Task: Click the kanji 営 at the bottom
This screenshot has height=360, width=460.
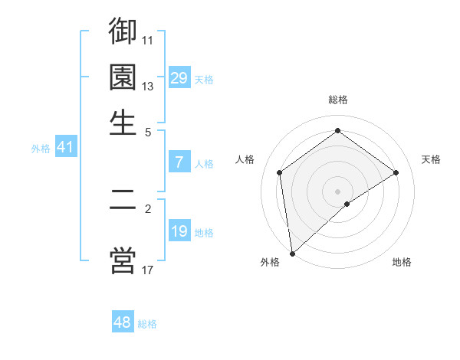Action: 123,260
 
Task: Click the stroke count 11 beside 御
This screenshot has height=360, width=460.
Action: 148,40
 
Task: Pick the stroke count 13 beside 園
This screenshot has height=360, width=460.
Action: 148,86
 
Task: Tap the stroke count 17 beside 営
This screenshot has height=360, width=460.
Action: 148,270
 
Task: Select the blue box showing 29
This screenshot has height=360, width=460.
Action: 179,78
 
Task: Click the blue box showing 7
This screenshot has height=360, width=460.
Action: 179,162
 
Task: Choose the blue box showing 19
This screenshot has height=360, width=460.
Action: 179,231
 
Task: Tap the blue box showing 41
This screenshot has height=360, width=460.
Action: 65,148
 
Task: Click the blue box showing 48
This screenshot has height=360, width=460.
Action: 122,322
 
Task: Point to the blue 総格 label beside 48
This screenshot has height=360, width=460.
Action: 147,324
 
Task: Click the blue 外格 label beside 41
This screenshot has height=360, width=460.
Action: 41,149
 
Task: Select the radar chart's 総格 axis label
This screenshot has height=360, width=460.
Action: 337,100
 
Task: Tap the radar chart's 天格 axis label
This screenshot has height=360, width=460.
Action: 432,159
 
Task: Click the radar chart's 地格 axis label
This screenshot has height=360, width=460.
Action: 402,262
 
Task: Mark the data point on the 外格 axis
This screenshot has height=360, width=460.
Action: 291,254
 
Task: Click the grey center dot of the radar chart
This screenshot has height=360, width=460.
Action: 337,190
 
